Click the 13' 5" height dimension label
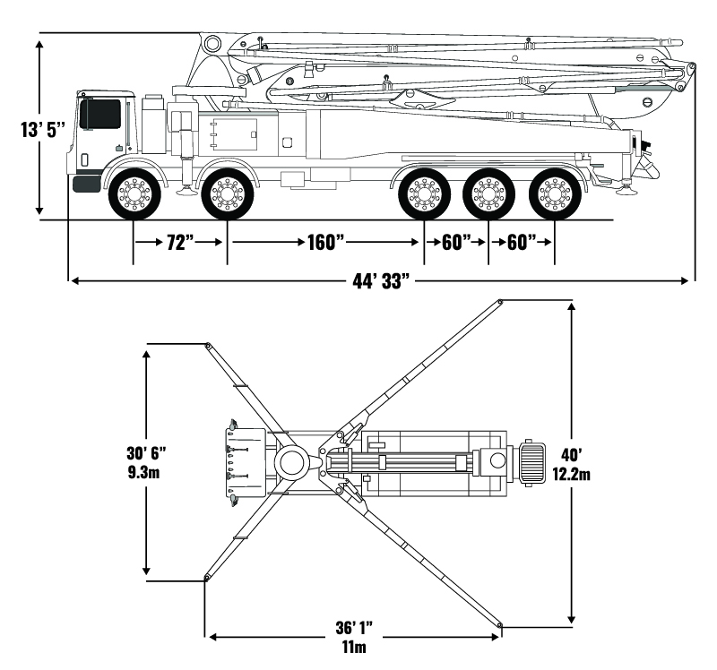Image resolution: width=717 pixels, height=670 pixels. (x=44, y=129)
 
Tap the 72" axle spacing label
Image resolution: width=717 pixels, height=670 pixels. (x=180, y=242)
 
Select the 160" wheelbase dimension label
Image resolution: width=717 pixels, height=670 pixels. (x=324, y=242)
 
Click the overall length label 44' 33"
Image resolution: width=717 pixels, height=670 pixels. (x=381, y=281)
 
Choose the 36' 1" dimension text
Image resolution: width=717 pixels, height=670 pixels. (x=354, y=630)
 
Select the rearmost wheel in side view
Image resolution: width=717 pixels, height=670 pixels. (x=553, y=193)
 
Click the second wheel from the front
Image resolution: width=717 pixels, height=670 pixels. (x=227, y=193)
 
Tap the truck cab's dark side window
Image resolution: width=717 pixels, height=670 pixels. (x=100, y=114)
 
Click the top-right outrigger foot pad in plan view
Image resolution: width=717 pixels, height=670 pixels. (x=499, y=302)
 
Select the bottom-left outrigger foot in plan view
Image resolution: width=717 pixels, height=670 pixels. (x=207, y=578)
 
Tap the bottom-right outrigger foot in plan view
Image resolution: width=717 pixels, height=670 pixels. (x=500, y=624)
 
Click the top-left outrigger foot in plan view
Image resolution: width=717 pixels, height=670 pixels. (x=207, y=345)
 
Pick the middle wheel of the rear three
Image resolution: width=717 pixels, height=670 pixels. (x=488, y=193)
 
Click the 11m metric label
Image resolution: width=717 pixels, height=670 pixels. (x=354, y=648)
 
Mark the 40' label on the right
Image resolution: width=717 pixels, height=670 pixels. (x=571, y=454)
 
